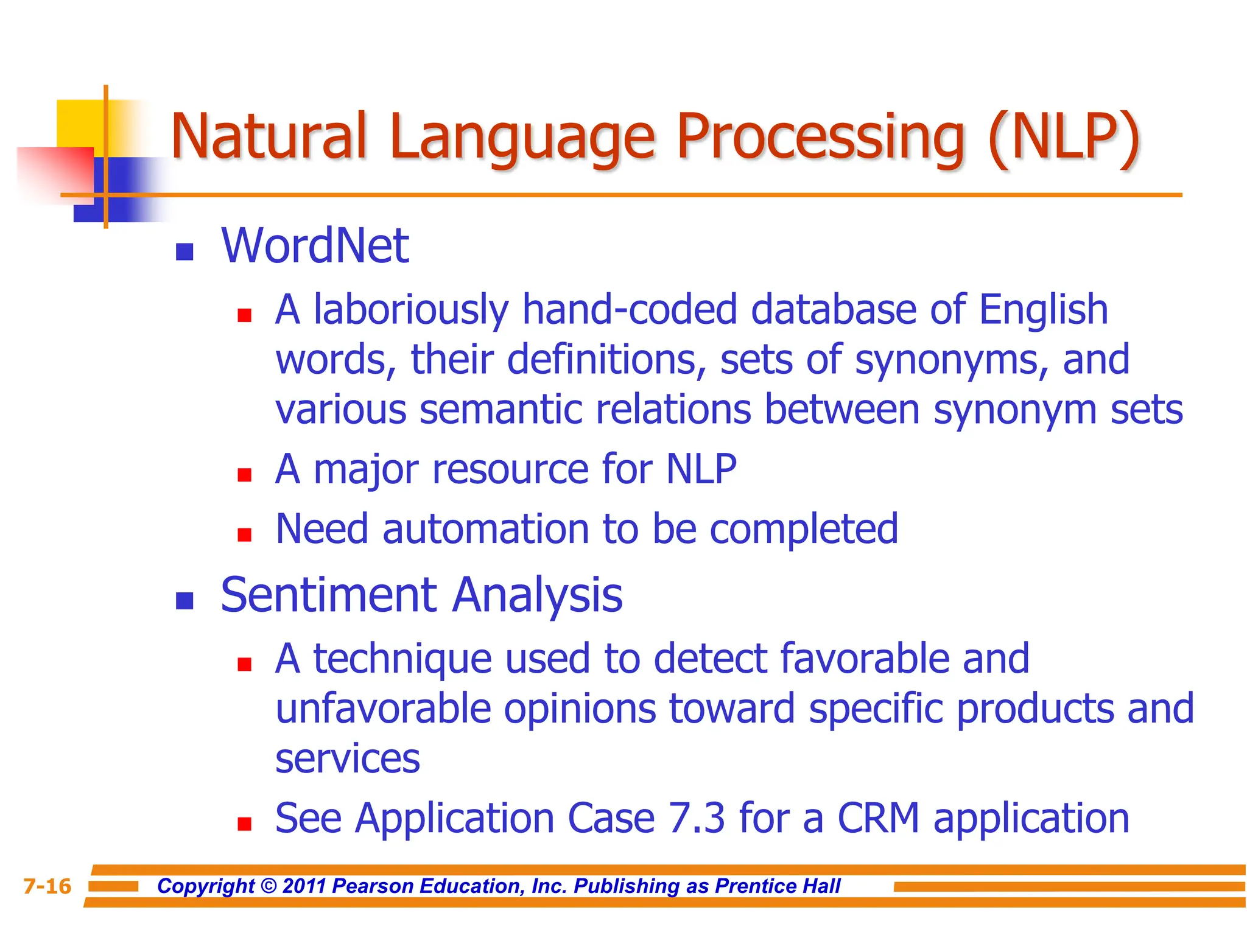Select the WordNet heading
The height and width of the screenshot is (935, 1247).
coord(315,246)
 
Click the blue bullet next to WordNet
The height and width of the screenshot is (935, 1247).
coord(184,251)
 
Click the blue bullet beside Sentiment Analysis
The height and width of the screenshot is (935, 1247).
coord(184,601)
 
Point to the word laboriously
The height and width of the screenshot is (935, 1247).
coord(410,310)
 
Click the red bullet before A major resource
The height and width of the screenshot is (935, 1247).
coord(245,475)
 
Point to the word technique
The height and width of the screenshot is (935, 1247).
coord(402,659)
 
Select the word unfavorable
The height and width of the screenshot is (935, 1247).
coord(383,709)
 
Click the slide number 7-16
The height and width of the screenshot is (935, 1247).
coord(47,886)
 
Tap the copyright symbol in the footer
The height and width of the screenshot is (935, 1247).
coord(268,886)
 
